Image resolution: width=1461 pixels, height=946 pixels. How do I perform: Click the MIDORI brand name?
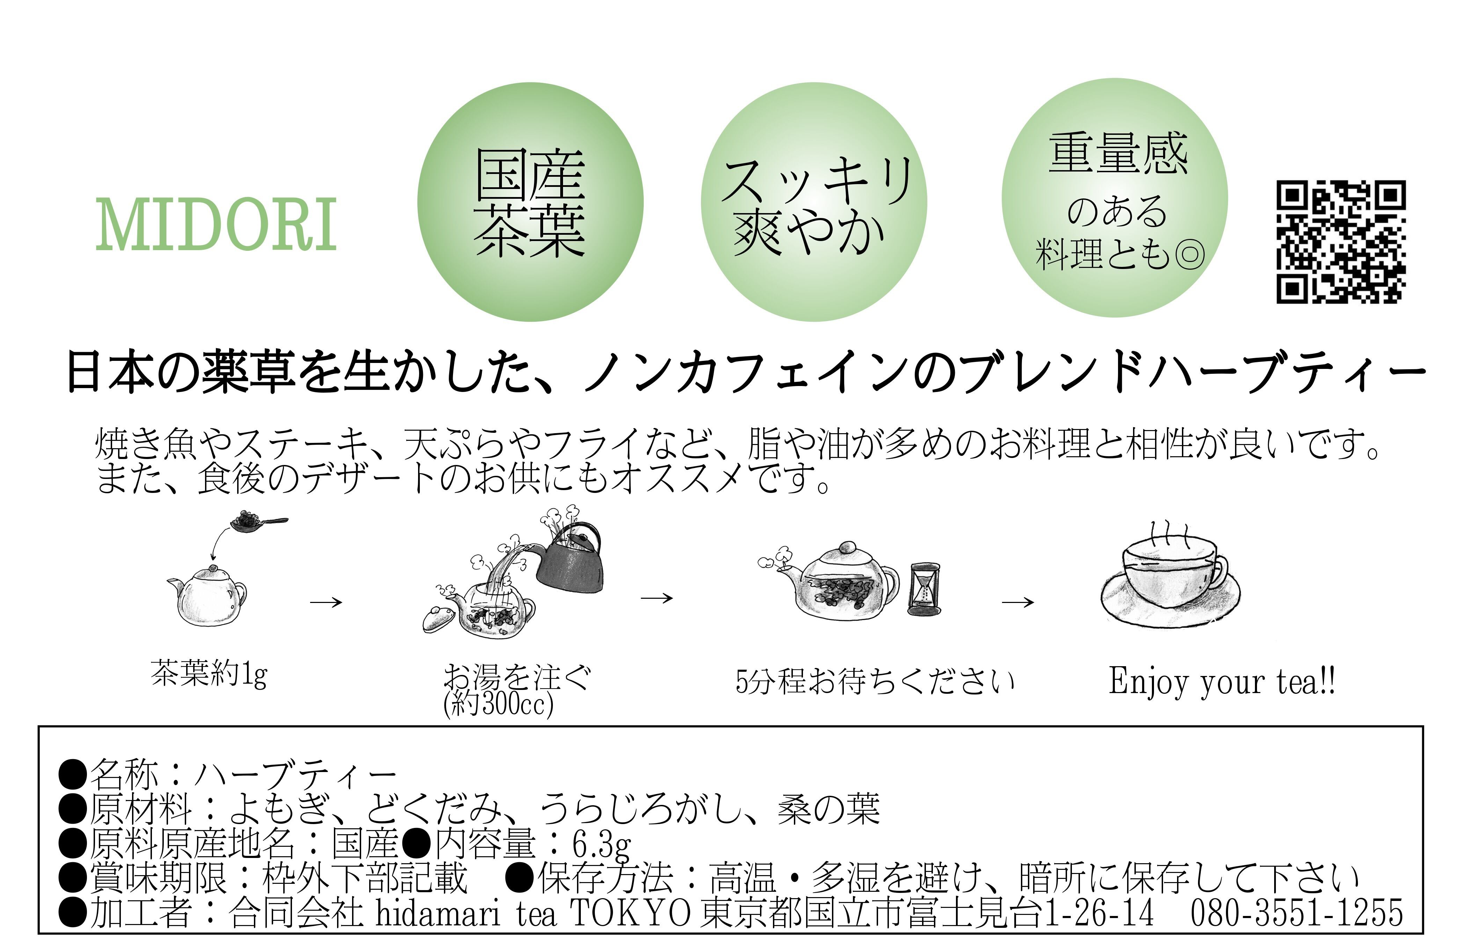click(x=216, y=225)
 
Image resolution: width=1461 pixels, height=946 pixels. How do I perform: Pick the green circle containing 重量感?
click(x=1115, y=198)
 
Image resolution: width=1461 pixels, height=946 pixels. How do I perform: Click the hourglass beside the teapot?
click(x=924, y=589)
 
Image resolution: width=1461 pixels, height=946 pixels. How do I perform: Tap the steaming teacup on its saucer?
click(x=1169, y=583)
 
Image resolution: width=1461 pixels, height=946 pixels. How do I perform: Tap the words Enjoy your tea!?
click(x=1222, y=682)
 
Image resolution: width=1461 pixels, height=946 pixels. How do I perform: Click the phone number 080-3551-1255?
click(x=1296, y=912)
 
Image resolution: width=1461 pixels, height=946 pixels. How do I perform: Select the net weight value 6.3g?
click(x=601, y=846)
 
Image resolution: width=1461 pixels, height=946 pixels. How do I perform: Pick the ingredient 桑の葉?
click(x=829, y=809)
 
